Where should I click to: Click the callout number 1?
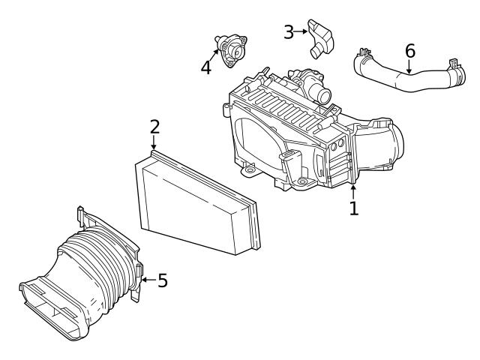353,208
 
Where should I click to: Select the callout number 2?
154,126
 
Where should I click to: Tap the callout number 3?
289,31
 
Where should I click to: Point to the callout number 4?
206,67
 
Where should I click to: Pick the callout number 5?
162,280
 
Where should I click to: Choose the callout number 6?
409,51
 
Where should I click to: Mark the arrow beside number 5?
147,280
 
